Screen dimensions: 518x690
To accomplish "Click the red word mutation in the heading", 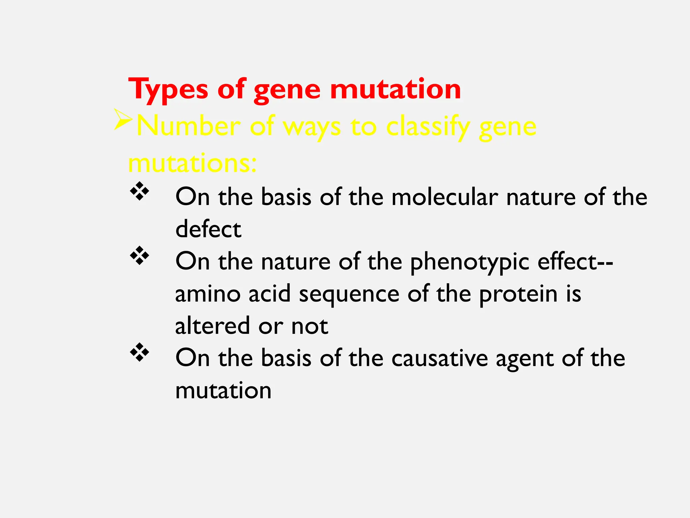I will (395, 90).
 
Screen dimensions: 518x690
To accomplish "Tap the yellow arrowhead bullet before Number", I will (123, 119).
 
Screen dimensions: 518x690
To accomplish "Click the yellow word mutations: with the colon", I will (192, 163).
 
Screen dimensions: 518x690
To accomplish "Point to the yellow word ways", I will (312, 127).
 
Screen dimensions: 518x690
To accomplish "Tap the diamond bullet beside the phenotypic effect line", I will (139, 256).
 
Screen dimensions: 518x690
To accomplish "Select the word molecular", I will (444, 197).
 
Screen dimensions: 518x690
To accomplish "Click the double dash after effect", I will (605, 262).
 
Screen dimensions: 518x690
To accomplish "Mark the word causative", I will (439, 358).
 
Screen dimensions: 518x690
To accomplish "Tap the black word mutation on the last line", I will (223, 391).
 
